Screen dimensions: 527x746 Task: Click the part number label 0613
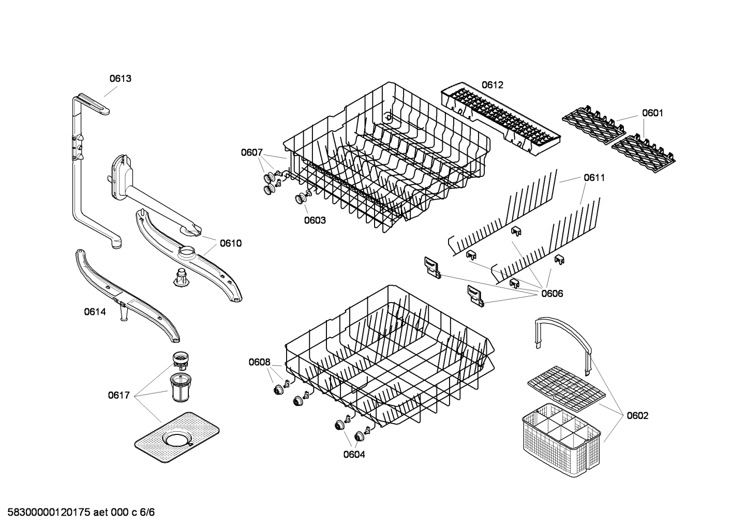[120, 79]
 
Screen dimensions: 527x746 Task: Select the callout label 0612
[492, 85]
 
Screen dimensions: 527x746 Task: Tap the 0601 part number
[652, 113]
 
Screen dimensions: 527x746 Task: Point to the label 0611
[594, 177]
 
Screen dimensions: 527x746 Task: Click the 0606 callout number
[552, 294]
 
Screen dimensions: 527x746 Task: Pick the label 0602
[637, 415]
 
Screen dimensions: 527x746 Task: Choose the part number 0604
[354, 455]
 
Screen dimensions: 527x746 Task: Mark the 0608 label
[259, 362]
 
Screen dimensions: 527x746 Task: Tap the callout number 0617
[118, 395]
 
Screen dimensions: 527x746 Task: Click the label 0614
[95, 311]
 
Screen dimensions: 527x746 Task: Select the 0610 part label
[230, 243]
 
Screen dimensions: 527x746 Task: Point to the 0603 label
[315, 220]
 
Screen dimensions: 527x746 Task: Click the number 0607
[251, 152]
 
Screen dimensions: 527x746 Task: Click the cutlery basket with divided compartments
[561, 432]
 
